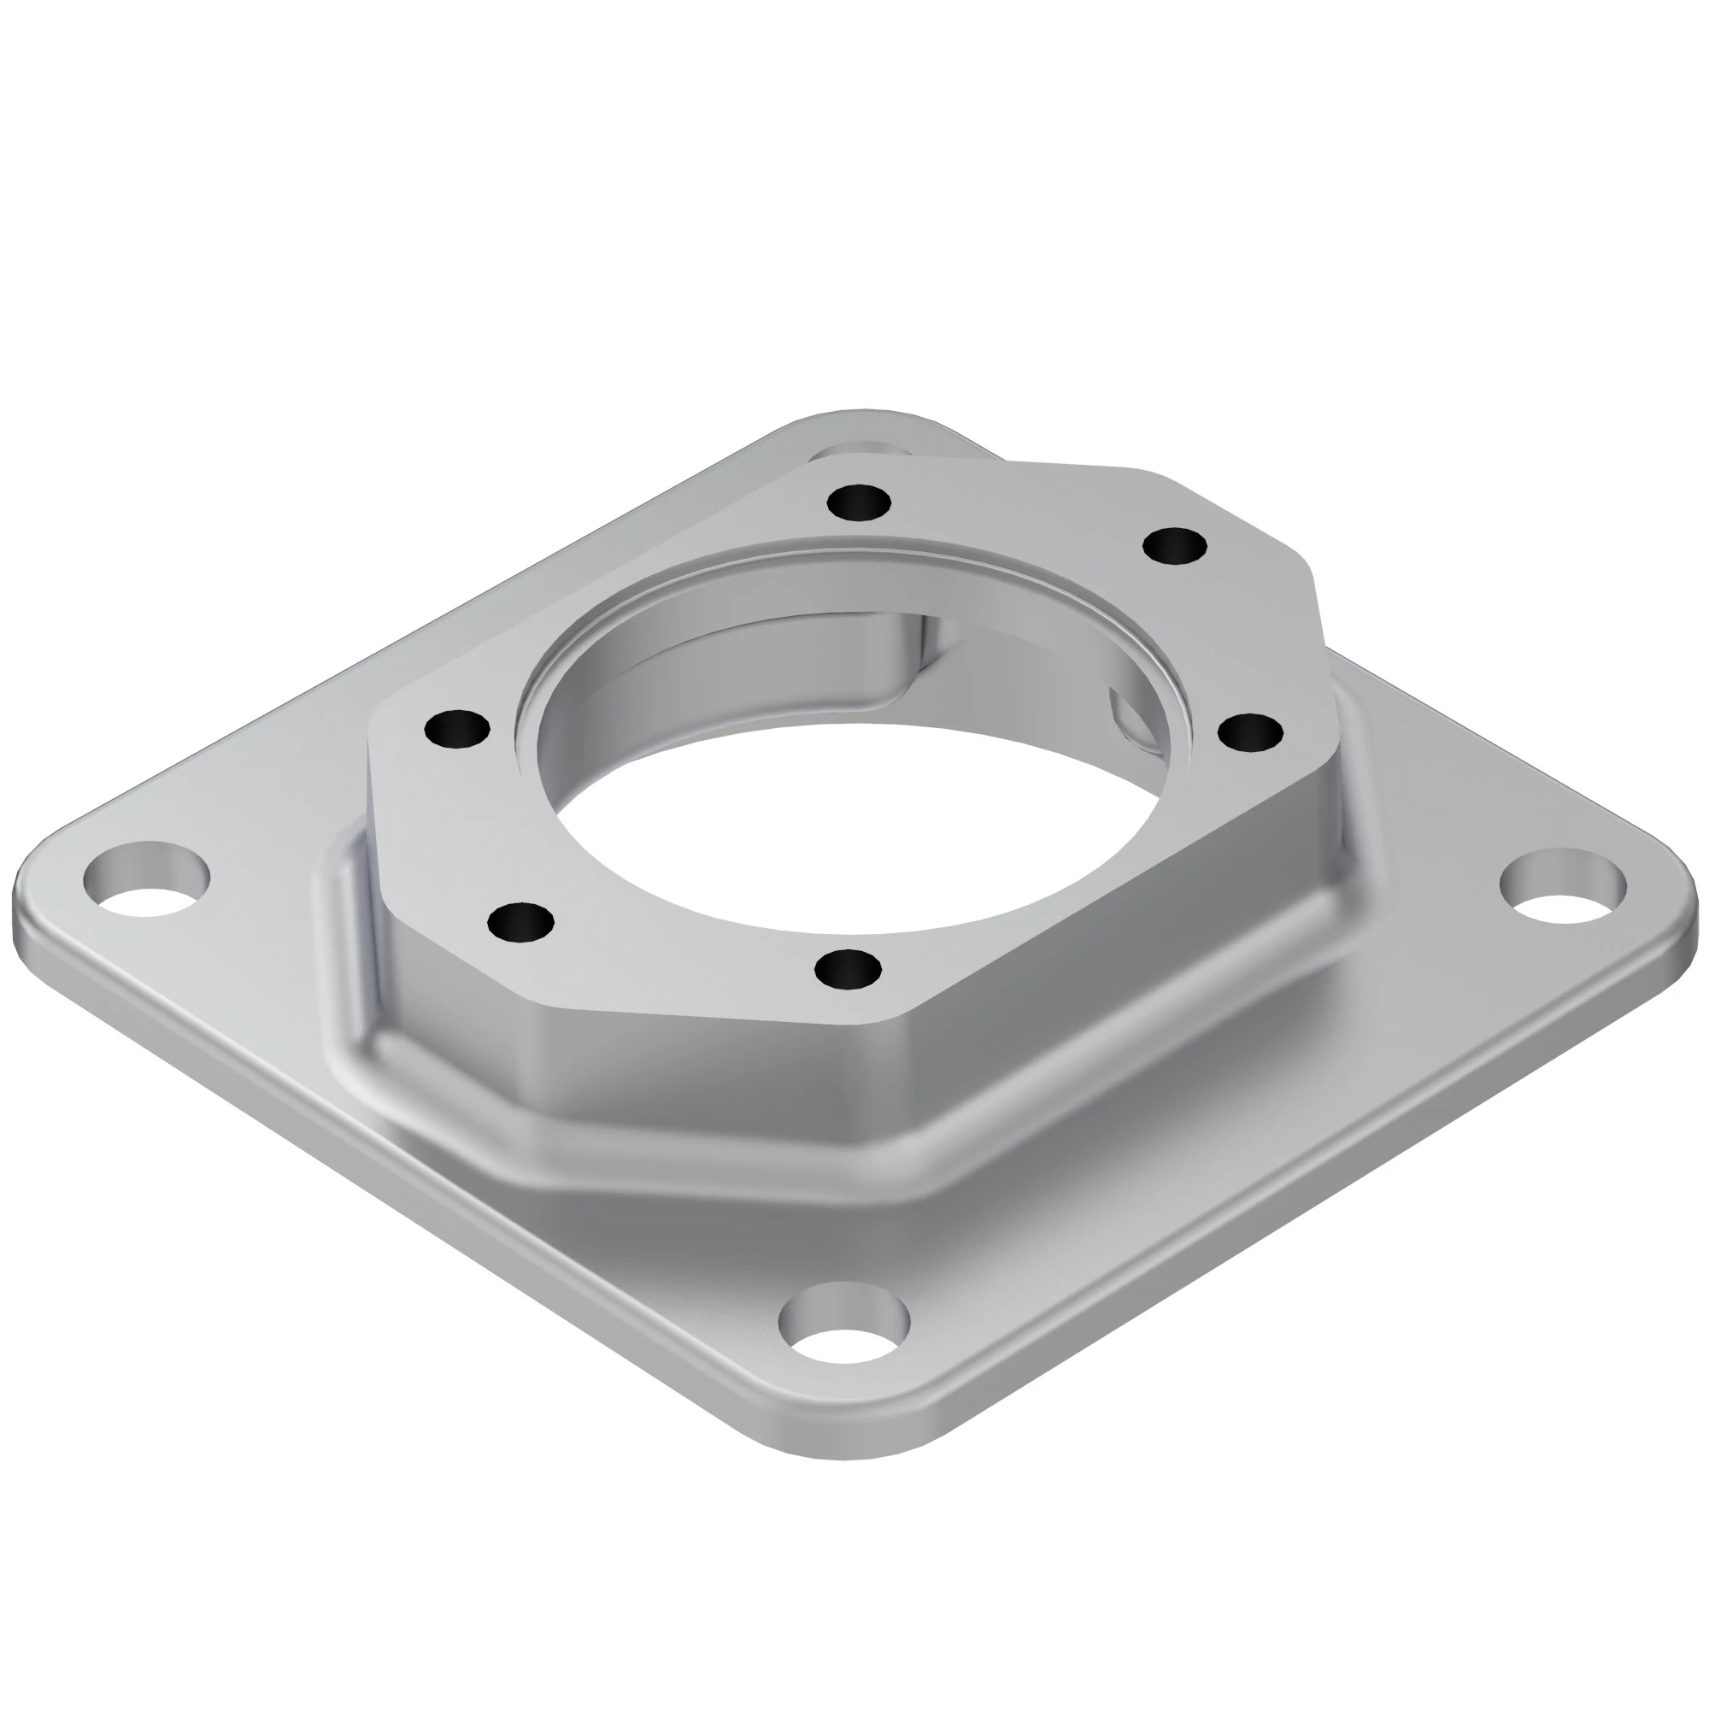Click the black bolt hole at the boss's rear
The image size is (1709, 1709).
point(859,503)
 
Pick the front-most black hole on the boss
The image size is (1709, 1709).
point(848,970)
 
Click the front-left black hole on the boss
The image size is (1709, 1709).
point(520,922)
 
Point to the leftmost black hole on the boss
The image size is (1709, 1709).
point(456,730)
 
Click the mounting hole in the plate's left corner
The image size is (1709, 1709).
point(147,879)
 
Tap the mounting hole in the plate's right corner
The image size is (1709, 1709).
point(1562,887)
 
